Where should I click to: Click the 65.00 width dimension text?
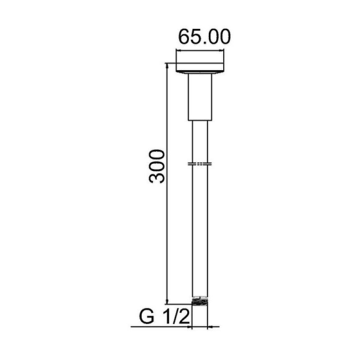(x=204, y=37)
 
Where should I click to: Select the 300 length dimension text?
(x=157, y=166)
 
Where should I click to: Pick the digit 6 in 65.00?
(x=184, y=37)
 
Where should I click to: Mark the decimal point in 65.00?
(x=205, y=43)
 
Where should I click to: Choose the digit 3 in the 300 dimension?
(x=157, y=178)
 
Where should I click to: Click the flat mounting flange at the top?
(x=199, y=67)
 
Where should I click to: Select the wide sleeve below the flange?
(x=200, y=97)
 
